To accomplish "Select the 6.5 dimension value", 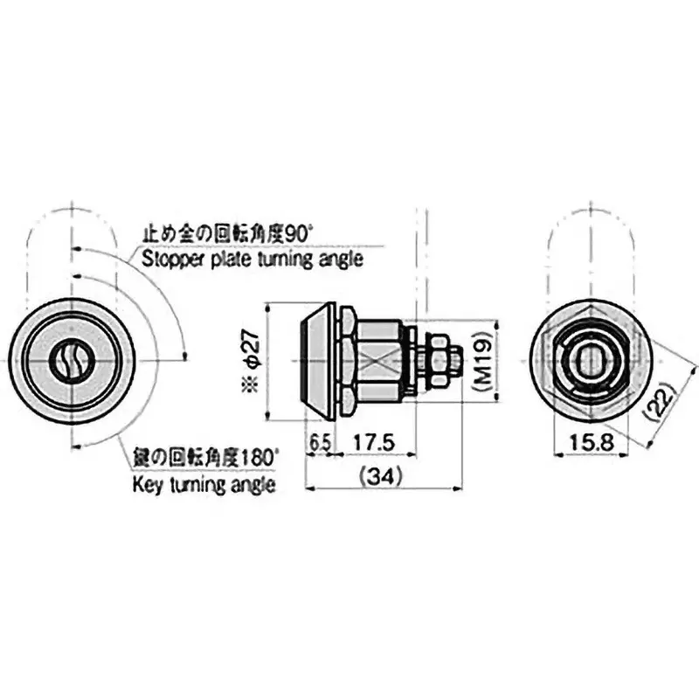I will pos(320,443).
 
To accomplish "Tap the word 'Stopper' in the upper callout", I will pos(168,260).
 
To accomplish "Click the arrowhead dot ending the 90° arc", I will pos(186,355).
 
